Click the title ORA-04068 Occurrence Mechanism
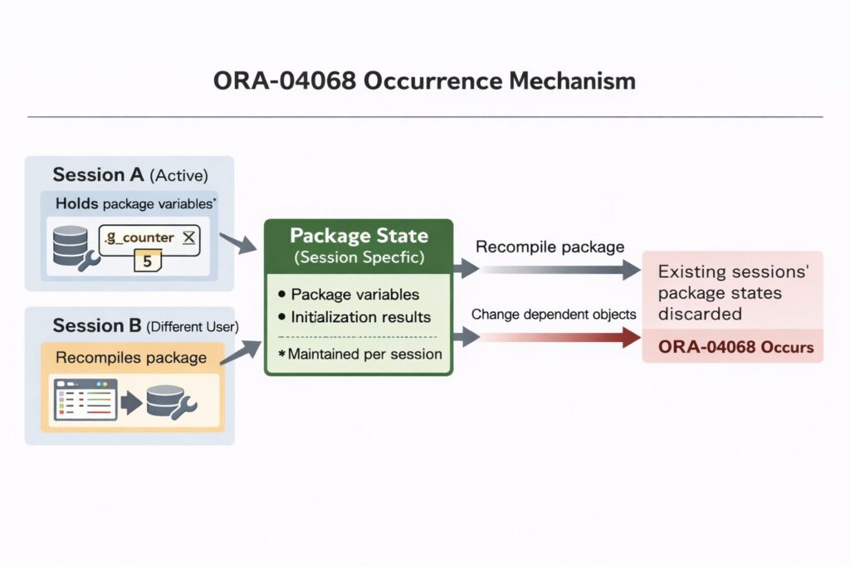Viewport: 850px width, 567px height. [424, 81]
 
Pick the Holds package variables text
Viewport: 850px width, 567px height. [136, 203]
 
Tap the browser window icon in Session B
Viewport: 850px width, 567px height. [83, 401]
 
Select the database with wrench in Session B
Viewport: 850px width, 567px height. [170, 401]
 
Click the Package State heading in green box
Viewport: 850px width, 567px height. [358, 237]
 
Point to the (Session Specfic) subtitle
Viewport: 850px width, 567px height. [358, 257]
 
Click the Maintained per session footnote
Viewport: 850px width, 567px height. [359, 354]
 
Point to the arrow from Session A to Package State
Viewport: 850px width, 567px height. [241, 243]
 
